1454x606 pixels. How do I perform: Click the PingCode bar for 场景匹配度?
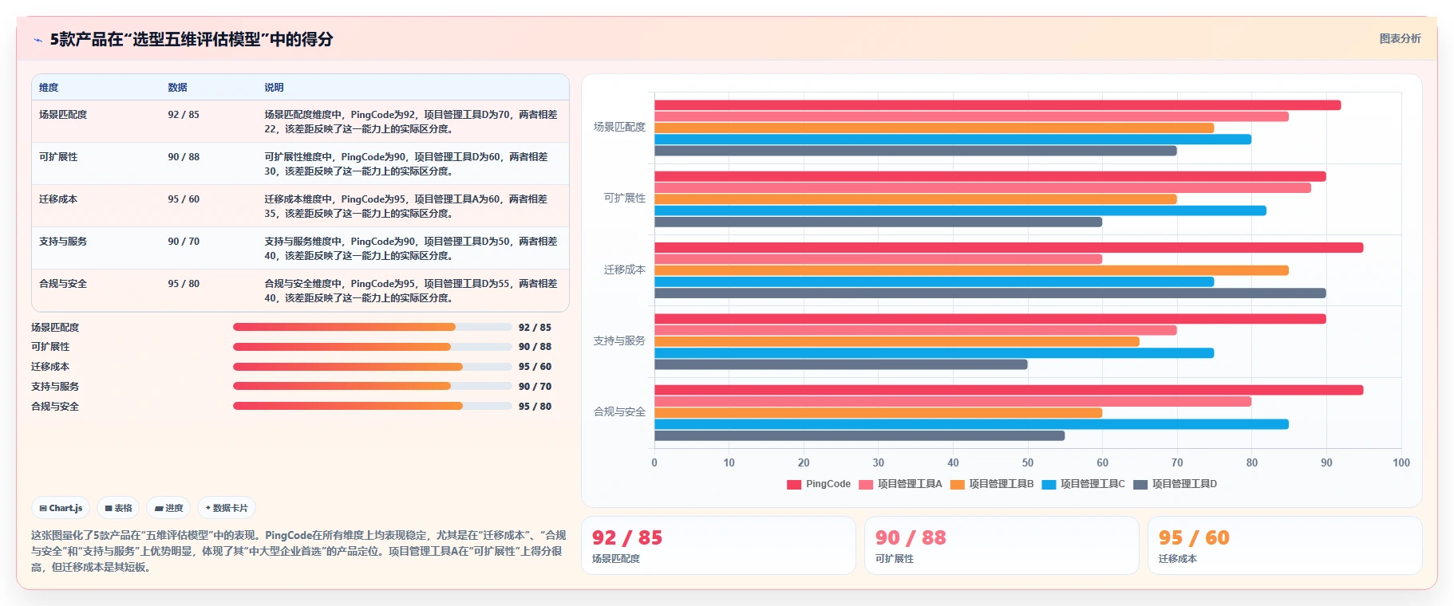tap(998, 105)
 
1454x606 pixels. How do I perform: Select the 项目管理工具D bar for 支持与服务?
tap(841, 364)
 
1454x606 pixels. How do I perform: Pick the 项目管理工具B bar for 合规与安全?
tap(878, 413)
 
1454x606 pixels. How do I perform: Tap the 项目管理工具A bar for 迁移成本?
tap(878, 259)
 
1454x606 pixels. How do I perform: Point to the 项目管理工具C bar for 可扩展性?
tap(960, 211)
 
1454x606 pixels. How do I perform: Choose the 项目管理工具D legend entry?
tap(1175, 484)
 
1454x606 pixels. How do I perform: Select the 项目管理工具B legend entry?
tap(992, 484)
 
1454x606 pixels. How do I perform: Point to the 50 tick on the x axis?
tap(1028, 462)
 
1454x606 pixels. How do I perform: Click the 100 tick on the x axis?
tap(1401, 462)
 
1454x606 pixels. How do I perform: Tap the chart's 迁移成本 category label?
tap(625, 270)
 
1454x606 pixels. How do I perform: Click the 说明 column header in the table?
tap(274, 88)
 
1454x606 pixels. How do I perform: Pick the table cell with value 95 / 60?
tap(184, 199)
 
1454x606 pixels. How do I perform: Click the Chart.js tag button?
tap(61, 508)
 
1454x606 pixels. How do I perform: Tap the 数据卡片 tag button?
tap(227, 508)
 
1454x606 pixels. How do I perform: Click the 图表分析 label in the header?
tap(1401, 38)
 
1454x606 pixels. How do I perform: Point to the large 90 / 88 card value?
tap(911, 538)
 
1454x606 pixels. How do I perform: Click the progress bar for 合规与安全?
tap(373, 406)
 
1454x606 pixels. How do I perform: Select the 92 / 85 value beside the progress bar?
tap(535, 328)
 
